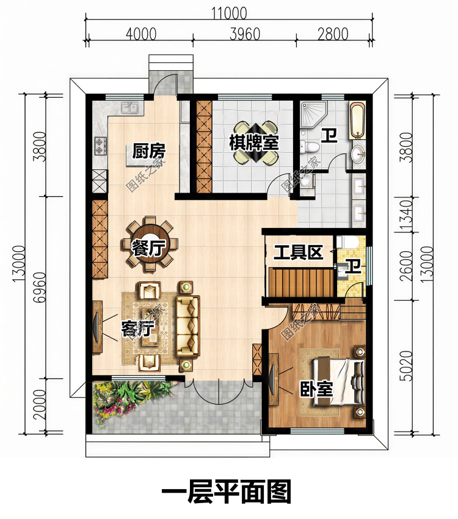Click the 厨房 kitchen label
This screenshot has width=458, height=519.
tap(149, 151)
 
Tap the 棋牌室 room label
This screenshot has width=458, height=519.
tap(254, 143)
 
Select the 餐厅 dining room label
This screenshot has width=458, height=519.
tap(149, 248)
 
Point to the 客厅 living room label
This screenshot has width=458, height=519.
tap(138, 328)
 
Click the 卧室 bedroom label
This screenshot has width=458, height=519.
tap(316, 389)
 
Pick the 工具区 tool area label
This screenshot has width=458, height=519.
tap(298, 253)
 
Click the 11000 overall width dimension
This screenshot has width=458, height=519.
tap(229, 13)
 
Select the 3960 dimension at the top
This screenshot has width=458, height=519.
tap(245, 34)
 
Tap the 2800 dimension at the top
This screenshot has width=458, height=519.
tap(333, 34)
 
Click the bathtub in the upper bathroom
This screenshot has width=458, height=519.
tap(357, 121)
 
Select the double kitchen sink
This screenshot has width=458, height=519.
tap(131, 108)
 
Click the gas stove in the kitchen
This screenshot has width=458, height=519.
tap(100, 146)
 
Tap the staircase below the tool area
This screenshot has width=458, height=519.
tap(300, 282)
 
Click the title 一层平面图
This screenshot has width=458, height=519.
tap(227, 492)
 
